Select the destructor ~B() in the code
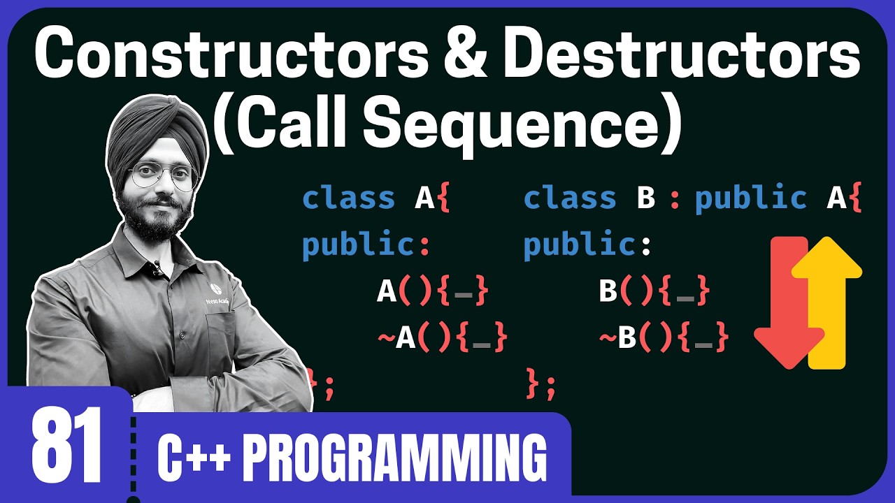(x=664, y=339)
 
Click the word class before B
(x=570, y=199)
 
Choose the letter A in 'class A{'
(x=425, y=199)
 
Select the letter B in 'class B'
(x=646, y=199)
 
